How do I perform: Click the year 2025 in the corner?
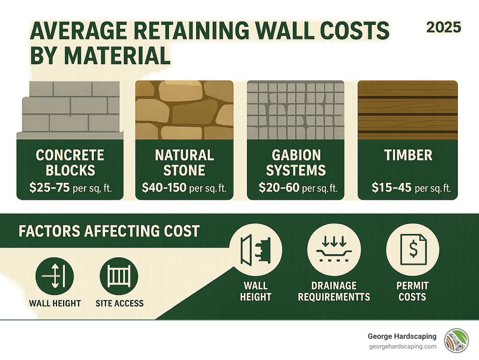click(x=443, y=27)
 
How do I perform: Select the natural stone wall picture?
click(x=184, y=110)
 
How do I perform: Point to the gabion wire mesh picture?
click(x=296, y=110)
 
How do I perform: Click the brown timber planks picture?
click(x=408, y=110)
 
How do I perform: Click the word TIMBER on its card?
click(x=408, y=155)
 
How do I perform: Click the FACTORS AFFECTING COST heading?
click(x=109, y=231)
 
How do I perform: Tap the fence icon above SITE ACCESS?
click(x=119, y=276)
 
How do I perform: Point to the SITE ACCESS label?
click(x=119, y=303)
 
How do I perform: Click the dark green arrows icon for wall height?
click(x=55, y=276)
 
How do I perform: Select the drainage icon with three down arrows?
click(x=334, y=250)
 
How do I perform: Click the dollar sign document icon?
click(x=413, y=250)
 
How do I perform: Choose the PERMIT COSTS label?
click(x=412, y=291)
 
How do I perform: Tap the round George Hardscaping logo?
click(x=457, y=341)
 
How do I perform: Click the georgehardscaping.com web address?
click(x=403, y=347)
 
